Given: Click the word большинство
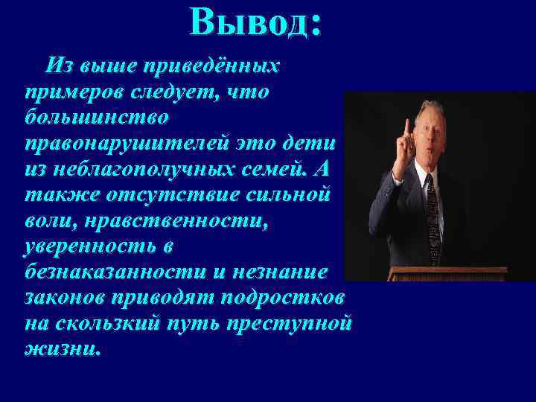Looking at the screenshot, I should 96,118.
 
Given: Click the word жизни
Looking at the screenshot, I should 61,351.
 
